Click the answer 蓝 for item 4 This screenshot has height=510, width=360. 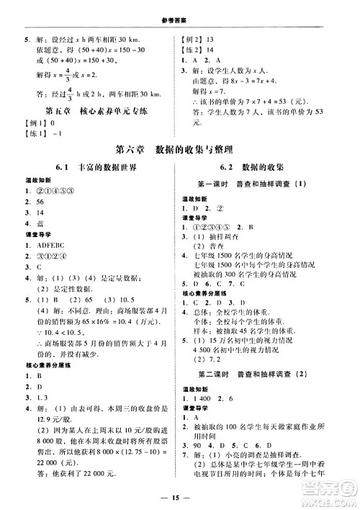coord(35,234)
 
